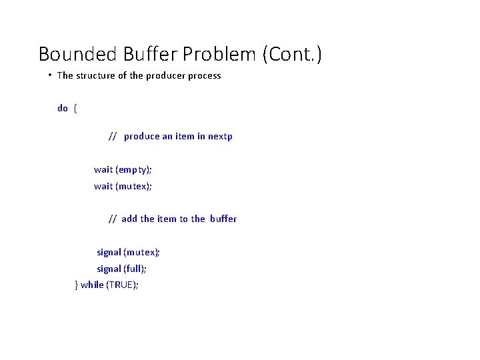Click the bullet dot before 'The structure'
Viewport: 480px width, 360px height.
(x=50, y=75)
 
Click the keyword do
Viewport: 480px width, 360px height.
(x=63, y=108)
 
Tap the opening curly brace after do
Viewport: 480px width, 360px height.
(x=75, y=108)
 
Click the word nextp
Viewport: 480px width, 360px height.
(x=220, y=137)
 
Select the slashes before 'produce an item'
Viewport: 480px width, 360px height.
(x=113, y=137)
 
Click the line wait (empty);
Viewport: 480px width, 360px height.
(x=123, y=170)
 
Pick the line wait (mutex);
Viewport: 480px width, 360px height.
(x=123, y=187)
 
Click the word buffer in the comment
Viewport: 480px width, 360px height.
(x=223, y=219)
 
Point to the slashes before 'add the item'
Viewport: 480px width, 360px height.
(x=113, y=219)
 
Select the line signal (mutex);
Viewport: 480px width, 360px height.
(x=128, y=253)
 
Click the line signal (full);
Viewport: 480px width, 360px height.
(x=122, y=269)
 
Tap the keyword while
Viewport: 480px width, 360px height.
(x=92, y=285)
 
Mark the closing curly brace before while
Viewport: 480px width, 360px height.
(x=77, y=285)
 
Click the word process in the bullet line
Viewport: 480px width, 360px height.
(x=204, y=76)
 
